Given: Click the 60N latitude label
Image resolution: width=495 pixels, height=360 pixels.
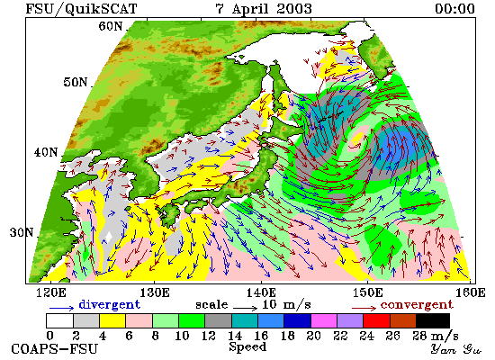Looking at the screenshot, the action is [x=110, y=26].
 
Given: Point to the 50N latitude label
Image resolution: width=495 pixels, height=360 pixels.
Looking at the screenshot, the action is [x=75, y=82].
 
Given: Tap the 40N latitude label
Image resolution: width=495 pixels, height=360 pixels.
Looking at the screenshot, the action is [x=46, y=152].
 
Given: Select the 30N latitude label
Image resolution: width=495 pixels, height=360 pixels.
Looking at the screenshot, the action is [x=22, y=233].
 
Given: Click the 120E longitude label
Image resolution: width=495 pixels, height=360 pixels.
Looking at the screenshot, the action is [x=50, y=292].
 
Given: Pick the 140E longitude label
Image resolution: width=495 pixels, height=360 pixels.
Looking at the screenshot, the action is [x=261, y=292].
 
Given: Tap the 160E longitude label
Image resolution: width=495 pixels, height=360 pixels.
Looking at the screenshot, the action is [x=471, y=292].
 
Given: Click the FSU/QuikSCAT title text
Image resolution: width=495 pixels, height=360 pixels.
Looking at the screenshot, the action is [x=81, y=8].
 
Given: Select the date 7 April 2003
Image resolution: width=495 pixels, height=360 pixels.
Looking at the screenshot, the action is [x=264, y=8].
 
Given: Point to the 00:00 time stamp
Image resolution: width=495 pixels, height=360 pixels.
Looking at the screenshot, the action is [x=454, y=8].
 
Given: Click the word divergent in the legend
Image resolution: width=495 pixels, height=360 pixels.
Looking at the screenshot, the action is [x=109, y=304].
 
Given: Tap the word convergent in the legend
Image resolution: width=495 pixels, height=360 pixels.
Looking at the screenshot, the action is [x=417, y=305].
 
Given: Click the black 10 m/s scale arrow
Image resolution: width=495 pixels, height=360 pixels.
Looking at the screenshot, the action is [x=246, y=307].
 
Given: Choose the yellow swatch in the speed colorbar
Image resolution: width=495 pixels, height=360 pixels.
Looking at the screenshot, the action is [x=112, y=320].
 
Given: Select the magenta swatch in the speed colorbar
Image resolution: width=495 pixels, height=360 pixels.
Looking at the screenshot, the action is [x=324, y=320].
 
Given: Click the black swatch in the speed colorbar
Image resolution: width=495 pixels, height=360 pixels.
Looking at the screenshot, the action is [x=433, y=320].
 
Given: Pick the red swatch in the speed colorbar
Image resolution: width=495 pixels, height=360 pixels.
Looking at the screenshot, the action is [x=376, y=320].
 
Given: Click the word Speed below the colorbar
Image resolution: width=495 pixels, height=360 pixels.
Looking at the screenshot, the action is [x=247, y=347].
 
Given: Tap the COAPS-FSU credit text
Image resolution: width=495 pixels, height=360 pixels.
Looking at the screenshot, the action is [x=54, y=349].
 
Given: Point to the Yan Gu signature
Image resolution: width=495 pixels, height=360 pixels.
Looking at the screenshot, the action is [x=455, y=349].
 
